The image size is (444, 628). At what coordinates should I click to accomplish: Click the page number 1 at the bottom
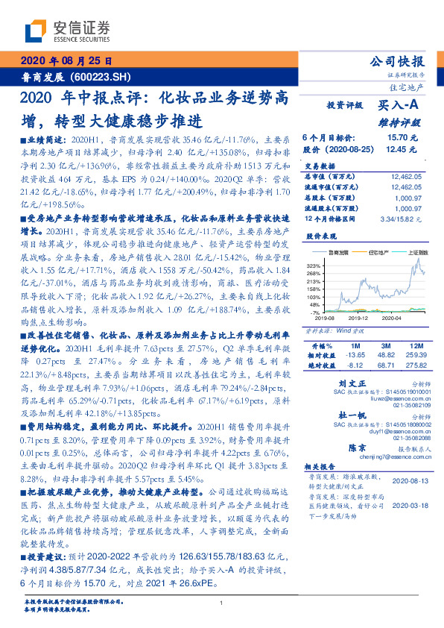click(x=222, y=603)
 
